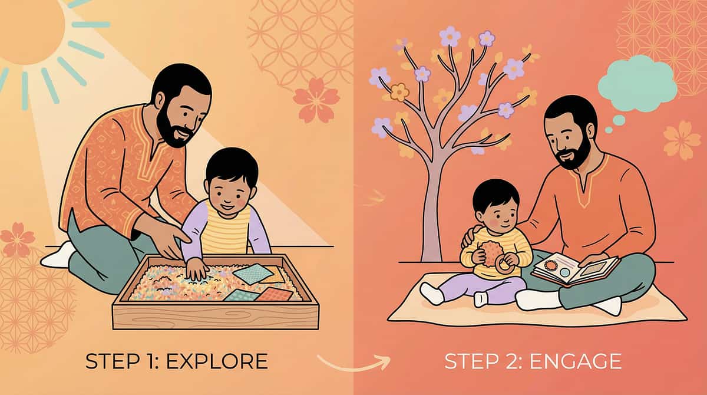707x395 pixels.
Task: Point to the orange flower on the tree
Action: click(400, 91)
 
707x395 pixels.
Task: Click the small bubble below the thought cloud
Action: click(618, 120)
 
